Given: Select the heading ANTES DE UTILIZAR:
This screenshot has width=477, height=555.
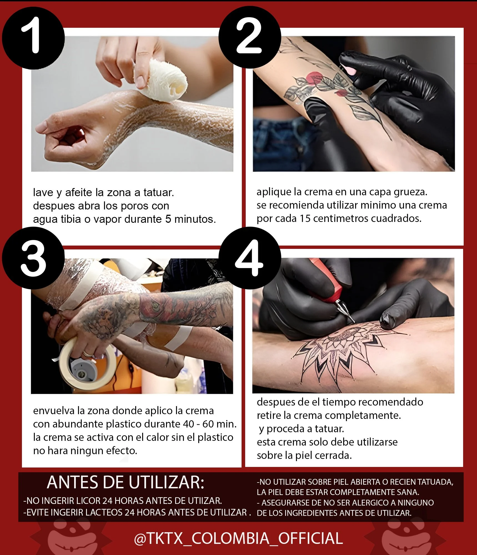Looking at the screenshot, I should click(x=125, y=482).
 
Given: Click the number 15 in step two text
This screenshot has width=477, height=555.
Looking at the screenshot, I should click(x=305, y=219).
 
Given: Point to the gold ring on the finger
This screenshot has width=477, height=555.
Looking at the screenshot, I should click(x=88, y=354).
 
